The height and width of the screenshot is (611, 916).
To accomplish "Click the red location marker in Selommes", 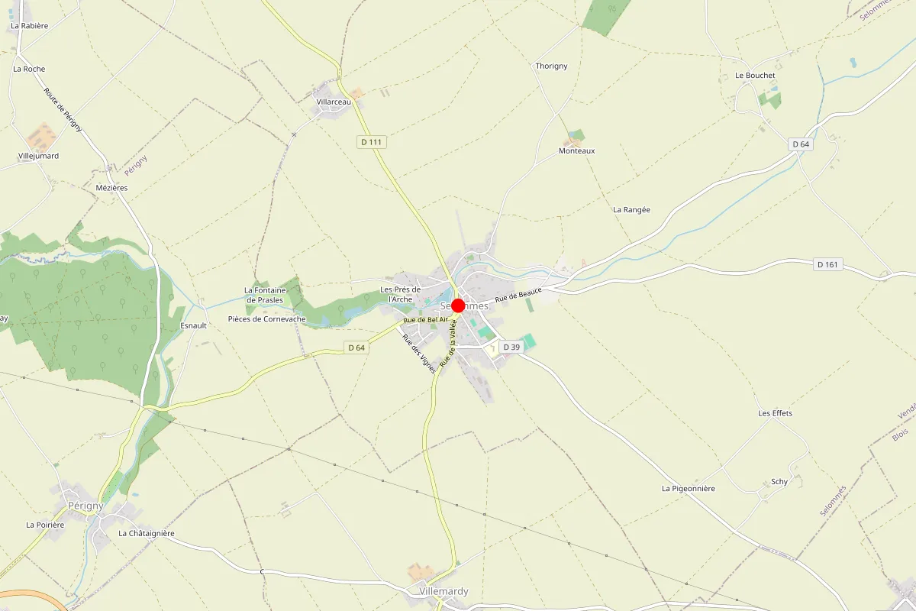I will coord(458,305).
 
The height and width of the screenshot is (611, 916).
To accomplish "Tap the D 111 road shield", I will coord(372,142).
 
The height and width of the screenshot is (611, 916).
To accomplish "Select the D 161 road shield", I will coord(827,265).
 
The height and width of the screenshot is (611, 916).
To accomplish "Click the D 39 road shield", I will coord(511,348).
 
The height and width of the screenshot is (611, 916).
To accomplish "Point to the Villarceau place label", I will coord(334,102).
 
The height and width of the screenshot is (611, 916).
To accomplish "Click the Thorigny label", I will coord(551,66).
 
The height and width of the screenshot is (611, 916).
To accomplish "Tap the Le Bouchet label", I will coord(755,76).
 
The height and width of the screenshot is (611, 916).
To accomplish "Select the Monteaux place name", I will coord(576,151).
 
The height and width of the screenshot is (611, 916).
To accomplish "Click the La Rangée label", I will coord(631,209).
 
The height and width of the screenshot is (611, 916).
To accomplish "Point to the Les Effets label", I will coord(775,413).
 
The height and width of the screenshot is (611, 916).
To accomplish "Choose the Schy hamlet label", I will coord(779,482).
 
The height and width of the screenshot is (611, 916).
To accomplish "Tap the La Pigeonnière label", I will coord(688,488).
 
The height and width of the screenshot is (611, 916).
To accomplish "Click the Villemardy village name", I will coord(443,592).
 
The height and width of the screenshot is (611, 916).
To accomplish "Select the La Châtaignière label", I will coord(147,533).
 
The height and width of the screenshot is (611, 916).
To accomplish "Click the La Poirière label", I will coord(45,525).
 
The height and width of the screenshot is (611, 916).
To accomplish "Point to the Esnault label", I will coord(193,325).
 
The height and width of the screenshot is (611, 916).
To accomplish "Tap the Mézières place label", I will coord(112,188).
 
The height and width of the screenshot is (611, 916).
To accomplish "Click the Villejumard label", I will coord(38,156).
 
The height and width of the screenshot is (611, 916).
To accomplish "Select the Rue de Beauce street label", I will coord(518,294).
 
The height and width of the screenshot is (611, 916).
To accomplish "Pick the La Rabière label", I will coord(30,26).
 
